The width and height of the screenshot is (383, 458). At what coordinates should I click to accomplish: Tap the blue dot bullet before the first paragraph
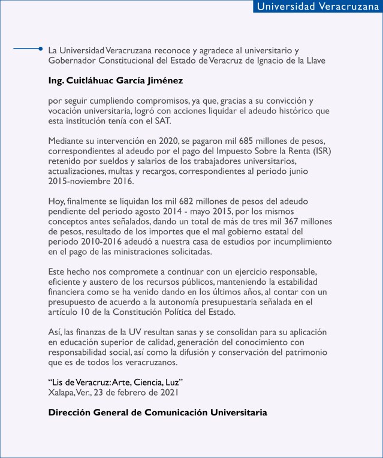tap(40, 49)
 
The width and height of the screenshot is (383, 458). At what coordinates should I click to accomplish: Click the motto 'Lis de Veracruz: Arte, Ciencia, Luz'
tap(115, 382)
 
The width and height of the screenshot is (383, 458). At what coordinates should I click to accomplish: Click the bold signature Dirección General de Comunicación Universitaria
tap(158, 412)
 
